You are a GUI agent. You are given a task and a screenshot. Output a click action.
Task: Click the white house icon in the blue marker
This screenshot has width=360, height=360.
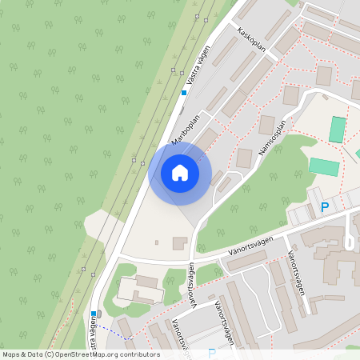(179, 172)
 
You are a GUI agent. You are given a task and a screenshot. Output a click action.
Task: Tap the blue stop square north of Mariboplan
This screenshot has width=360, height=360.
(183, 93)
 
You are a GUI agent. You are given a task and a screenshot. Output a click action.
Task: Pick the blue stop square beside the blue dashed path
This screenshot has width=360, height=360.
(94, 314)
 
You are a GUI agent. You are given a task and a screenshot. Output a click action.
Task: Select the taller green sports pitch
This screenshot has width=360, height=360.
(338, 130)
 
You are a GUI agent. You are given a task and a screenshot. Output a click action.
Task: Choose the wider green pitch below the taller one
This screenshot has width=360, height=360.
(324, 166)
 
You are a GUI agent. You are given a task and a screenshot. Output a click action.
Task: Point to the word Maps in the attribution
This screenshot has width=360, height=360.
(11, 354)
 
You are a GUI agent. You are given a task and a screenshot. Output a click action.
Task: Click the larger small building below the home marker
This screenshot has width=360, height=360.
(179, 242)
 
